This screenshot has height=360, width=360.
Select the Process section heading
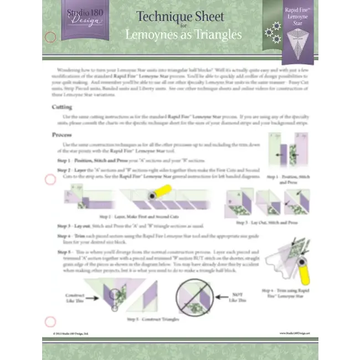point(63,135)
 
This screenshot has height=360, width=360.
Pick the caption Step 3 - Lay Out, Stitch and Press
point(266,222)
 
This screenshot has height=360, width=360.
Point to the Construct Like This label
point(75,298)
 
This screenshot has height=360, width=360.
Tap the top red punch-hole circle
point(50,37)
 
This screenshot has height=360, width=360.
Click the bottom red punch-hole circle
point(50,321)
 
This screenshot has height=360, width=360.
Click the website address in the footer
point(295,333)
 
